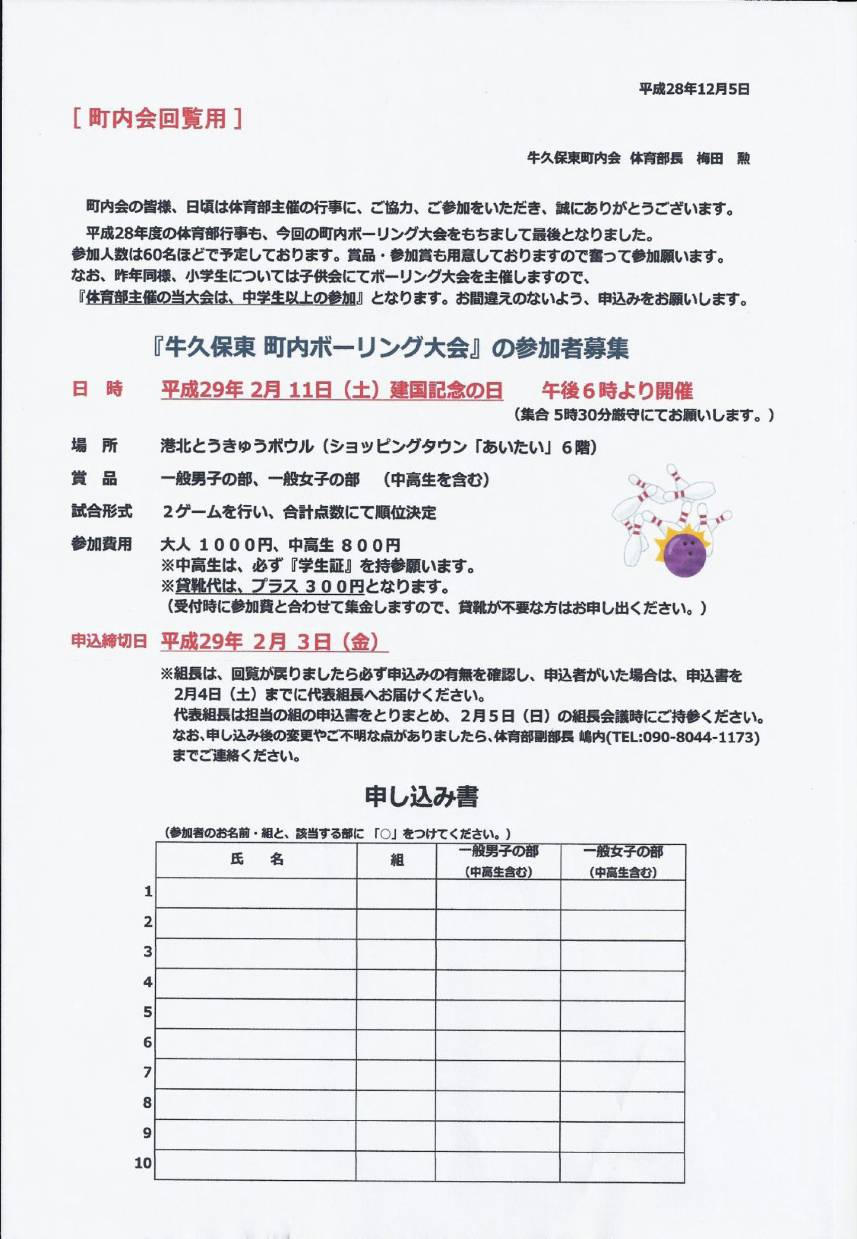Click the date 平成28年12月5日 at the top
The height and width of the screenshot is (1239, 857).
(694, 89)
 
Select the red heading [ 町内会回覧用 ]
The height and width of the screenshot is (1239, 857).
(156, 118)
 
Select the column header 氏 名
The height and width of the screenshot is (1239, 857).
(257, 859)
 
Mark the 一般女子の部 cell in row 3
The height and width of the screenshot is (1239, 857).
(623, 952)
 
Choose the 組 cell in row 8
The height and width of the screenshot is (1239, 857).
(396, 1103)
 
